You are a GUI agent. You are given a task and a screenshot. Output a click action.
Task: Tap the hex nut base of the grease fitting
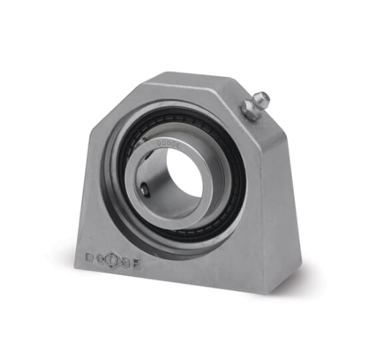[248, 110]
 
